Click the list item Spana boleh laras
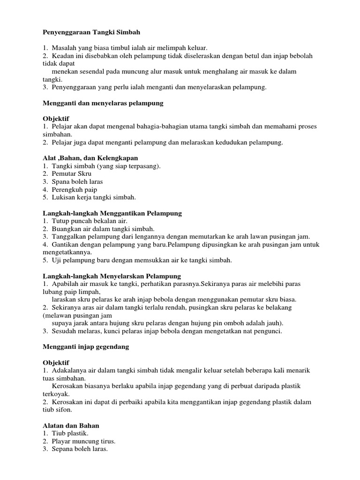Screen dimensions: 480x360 (x=77, y=181)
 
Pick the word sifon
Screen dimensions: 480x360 (x=64, y=410)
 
